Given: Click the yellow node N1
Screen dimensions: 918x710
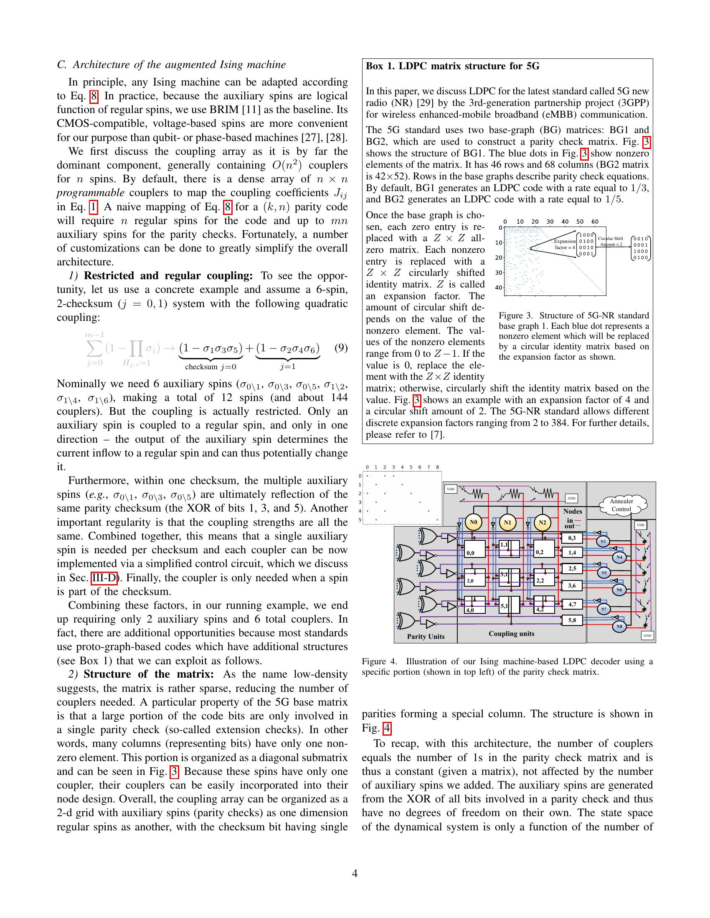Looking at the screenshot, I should (508, 523).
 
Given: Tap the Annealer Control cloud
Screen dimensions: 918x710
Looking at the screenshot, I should (621, 505).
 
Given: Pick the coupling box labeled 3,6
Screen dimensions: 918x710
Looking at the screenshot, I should (572, 585).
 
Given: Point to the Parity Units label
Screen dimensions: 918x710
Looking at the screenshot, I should (426, 636).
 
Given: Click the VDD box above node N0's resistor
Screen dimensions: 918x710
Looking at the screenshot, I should (451, 489).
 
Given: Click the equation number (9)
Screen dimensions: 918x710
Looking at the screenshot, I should (341, 348).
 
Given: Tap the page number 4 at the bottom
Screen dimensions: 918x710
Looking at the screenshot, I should (355, 874).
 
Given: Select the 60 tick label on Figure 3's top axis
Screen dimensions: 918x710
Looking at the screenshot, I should (595, 222).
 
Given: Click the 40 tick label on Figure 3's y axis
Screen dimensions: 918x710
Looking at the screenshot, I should (498, 288).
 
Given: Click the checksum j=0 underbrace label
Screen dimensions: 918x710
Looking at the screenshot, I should (211, 366).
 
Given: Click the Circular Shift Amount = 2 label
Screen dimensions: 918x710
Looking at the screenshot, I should (611, 241).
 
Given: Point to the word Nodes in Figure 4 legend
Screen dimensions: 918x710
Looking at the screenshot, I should (573, 511).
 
